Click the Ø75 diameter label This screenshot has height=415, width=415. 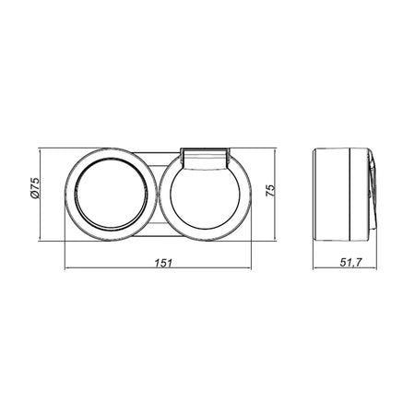click(x=35, y=188)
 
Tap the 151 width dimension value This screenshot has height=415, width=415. click(x=163, y=263)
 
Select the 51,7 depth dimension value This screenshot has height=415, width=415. click(x=351, y=263)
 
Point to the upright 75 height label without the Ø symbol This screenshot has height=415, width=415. click(x=269, y=191)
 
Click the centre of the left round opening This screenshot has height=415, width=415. click(x=111, y=194)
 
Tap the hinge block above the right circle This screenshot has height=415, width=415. click(x=205, y=159)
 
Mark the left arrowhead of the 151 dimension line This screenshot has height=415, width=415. click(x=67, y=268)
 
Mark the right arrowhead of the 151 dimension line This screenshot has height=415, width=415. click(x=248, y=268)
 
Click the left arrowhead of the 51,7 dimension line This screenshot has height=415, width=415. click(x=315, y=268)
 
